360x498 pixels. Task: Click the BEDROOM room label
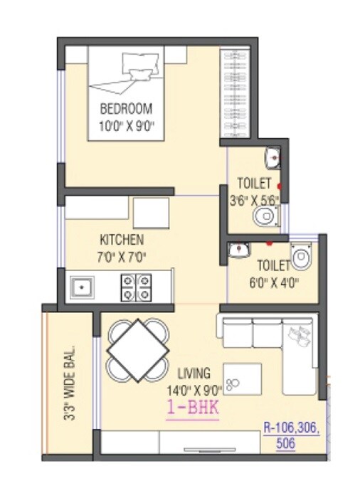coord(126,110)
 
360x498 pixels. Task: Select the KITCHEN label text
coord(121,240)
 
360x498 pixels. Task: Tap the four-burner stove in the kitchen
coord(137,287)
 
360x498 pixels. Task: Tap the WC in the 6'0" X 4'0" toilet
coord(302,255)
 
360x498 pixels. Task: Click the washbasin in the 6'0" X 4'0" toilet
coord(238,250)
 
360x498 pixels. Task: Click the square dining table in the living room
coord(138,350)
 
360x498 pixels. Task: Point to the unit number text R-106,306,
coord(292,428)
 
